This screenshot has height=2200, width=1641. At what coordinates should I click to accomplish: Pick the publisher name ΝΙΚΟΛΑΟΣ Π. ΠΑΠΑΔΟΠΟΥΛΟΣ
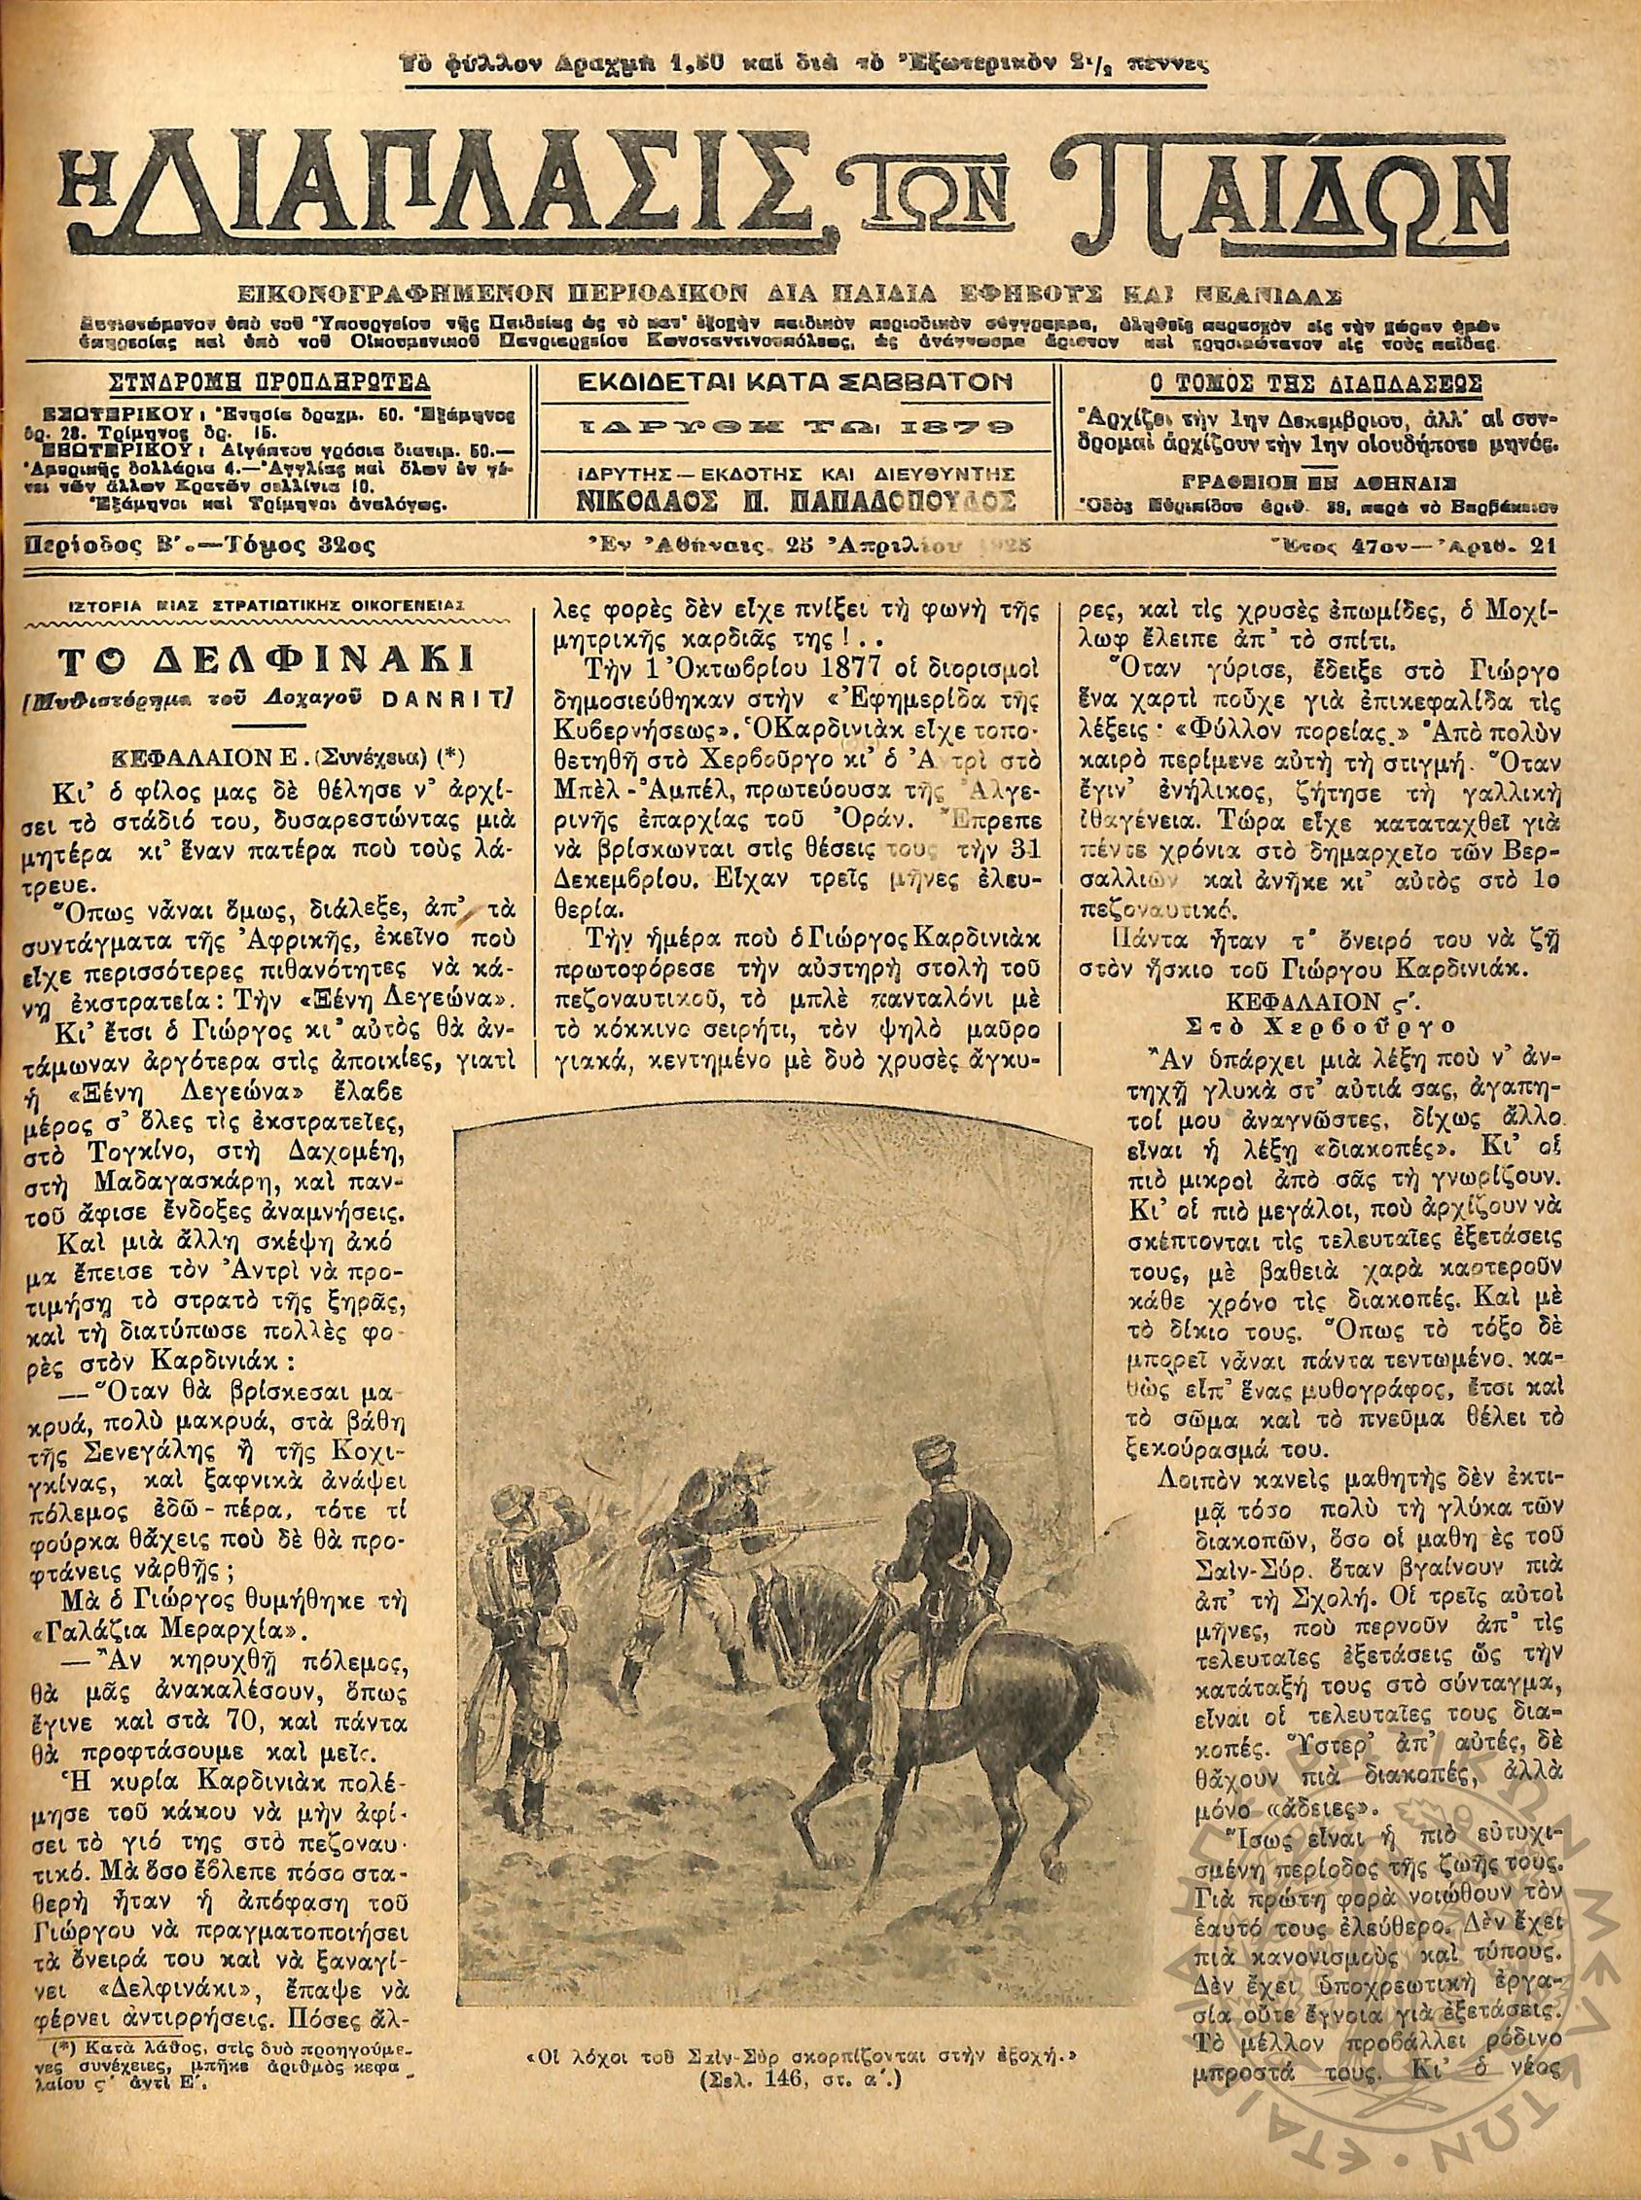[x=797, y=499]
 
